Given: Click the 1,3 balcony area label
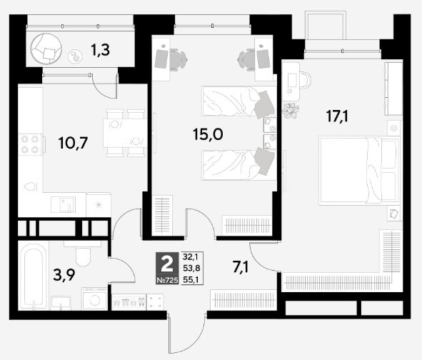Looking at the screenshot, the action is [x=100, y=50].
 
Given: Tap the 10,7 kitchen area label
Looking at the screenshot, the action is [x=74, y=143].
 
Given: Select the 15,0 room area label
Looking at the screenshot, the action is [x=208, y=134].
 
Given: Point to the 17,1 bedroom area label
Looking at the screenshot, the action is [x=337, y=116].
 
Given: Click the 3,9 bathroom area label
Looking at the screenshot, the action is [x=64, y=275].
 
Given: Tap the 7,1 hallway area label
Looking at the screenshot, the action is [x=241, y=267].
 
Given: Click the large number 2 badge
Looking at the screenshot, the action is [x=167, y=264].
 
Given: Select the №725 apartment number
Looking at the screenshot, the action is [x=167, y=280].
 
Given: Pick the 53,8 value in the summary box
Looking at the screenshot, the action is [x=191, y=268].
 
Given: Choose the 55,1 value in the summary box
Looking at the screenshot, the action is [x=191, y=280].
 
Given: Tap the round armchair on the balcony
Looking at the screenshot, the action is [x=46, y=49].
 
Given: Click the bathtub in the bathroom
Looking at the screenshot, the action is [x=34, y=276].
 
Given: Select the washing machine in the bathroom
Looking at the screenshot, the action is [x=94, y=299].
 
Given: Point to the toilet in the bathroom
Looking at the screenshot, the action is [x=83, y=253].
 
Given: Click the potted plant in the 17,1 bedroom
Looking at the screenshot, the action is [x=291, y=111].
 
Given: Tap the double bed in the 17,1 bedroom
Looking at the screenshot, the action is [x=358, y=171].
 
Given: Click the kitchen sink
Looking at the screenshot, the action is [x=64, y=204].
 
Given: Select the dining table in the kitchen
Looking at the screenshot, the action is [x=125, y=133].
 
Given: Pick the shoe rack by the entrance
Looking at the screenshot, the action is [x=129, y=301].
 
